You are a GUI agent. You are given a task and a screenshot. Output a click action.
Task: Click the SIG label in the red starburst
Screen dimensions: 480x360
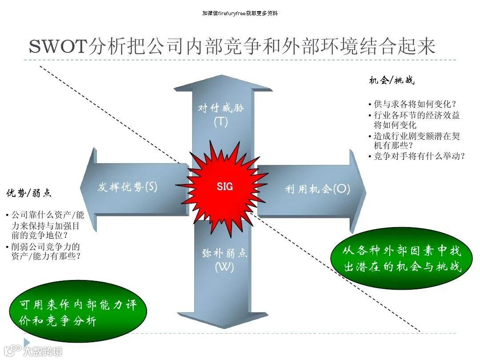pyautogui.click(x=224, y=187)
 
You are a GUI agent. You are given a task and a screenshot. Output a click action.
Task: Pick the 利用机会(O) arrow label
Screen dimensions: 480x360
pyautogui.click(x=317, y=189)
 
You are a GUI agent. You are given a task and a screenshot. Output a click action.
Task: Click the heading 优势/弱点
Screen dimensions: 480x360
pyautogui.click(x=28, y=193)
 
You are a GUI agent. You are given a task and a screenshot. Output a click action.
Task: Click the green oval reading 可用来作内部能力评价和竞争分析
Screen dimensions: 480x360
pyautogui.click(x=77, y=313)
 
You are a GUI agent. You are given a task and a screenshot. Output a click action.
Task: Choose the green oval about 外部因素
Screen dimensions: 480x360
pyautogui.click(x=402, y=259)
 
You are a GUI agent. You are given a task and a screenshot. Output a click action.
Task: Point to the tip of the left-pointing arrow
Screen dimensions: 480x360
pyautogui.click(x=81, y=187)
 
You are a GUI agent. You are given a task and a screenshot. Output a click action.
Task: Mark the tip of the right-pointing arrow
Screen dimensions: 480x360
pyautogui.click(x=365, y=192)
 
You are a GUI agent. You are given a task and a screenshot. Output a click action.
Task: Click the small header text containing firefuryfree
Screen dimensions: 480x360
pyautogui.click(x=240, y=13)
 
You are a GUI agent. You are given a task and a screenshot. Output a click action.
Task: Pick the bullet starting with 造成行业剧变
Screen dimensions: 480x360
pyautogui.click(x=416, y=140)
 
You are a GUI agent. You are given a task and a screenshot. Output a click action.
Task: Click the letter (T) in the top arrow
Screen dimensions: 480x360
pyautogui.click(x=221, y=121)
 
